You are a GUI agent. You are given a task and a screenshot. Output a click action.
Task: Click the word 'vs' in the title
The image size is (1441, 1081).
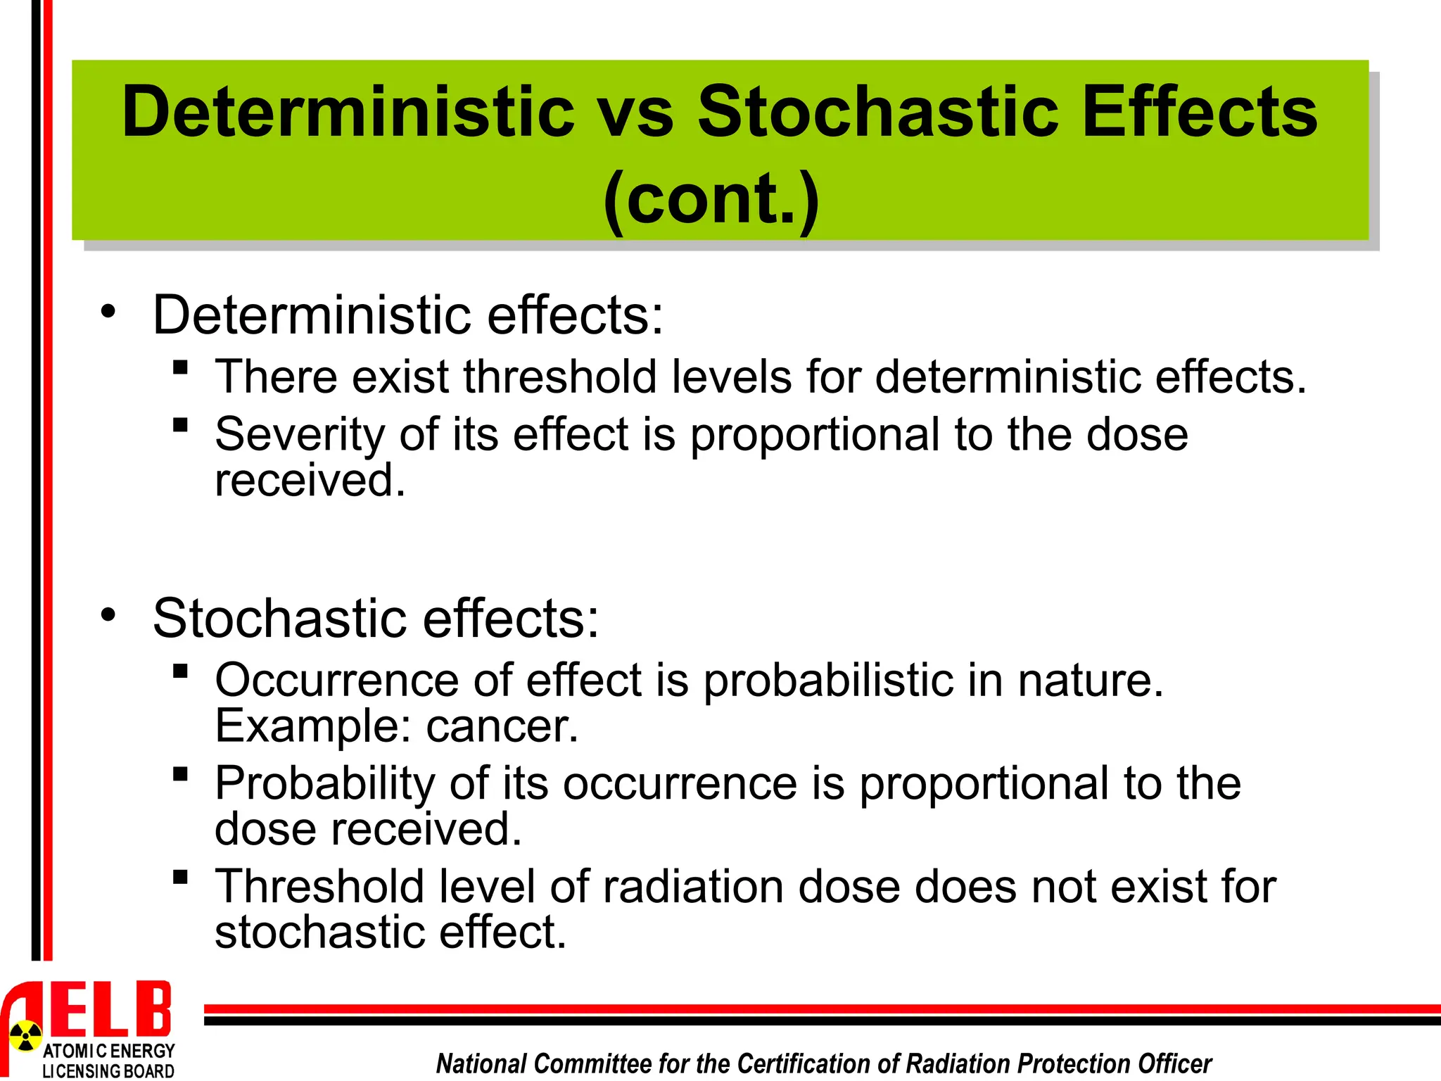pyautogui.click(x=636, y=113)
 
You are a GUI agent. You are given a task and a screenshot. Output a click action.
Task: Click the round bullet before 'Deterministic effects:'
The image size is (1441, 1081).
pyautogui.click(x=108, y=311)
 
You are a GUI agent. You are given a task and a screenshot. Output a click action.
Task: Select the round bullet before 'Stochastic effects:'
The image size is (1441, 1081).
pyautogui.click(x=108, y=614)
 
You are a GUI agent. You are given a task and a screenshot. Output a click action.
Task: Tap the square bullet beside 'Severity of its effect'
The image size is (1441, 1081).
pyautogui.click(x=180, y=424)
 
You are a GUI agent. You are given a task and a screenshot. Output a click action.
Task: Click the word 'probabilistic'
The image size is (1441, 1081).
pyautogui.click(x=827, y=680)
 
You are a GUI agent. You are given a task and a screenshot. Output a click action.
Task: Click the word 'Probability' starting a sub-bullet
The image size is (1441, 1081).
pyautogui.click(x=325, y=783)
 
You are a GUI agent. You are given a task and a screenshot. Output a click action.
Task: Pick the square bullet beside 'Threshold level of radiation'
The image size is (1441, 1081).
pyautogui.click(x=180, y=876)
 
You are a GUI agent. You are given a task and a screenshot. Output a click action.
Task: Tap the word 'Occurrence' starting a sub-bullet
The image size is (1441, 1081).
pyautogui.click(x=336, y=680)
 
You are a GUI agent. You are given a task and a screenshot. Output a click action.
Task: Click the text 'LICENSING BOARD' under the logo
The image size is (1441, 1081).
pyautogui.click(x=108, y=1071)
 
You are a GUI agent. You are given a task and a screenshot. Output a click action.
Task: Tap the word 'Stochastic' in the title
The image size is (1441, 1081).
pyautogui.click(x=878, y=113)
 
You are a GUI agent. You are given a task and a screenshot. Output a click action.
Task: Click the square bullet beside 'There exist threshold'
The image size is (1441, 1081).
pyautogui.click(x=180, y=367)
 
